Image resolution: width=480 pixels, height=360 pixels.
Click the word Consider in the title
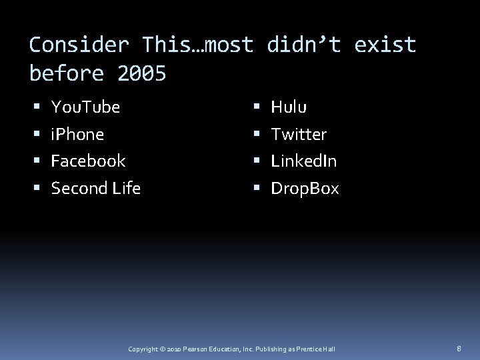click(x=79, y=45)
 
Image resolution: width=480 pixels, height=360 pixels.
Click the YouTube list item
click(x=85, y=107)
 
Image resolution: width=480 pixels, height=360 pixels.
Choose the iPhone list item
click(x=77, y=135)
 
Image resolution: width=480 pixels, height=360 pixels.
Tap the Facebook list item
click(x=88, y=161)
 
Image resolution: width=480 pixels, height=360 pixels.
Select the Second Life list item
click(x=95, y=189)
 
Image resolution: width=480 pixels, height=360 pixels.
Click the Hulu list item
click(x=289, y=107)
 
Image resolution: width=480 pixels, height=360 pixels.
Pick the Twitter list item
click(x=299, y=135)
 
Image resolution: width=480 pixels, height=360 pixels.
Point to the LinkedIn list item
click(x=303, y=161)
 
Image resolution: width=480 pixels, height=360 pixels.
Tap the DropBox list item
click(x=305, y=189)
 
